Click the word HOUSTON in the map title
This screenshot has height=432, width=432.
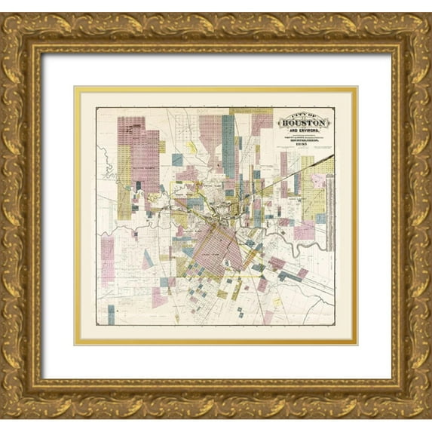pyautogui.click(x=305, y=122)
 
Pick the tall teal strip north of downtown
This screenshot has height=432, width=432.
pyautogui.click(x=228, y=143)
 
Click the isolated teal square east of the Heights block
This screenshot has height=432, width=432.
pyautogui.click(x=177, y=159)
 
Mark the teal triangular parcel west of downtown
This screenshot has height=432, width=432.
pyautogui.click(x=148, y=259)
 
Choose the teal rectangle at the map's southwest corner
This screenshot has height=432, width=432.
pyautogui.click(x=112, y=315)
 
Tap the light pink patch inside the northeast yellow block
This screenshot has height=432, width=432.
pyautogui.click(x=320, y=181)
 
